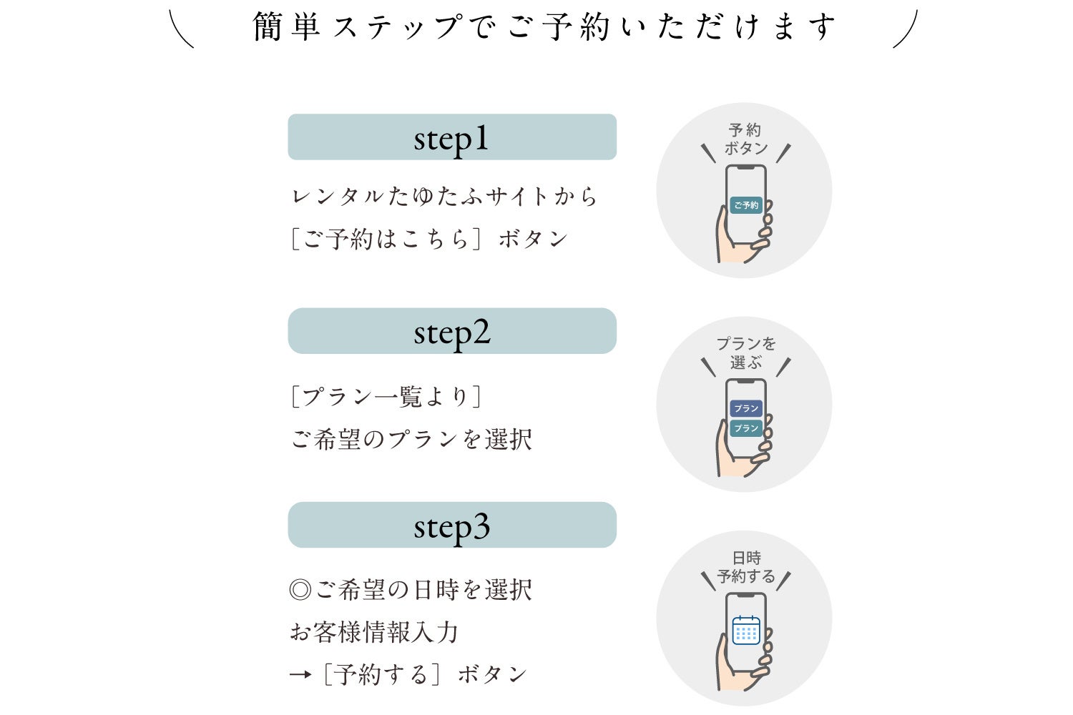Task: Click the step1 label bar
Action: (x=452, y=137)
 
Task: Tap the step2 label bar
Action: (x=452, y=331)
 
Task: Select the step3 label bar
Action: (x=452, y=526)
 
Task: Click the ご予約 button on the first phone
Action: (x=746, y=205)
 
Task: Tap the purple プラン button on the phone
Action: (x=746, y=408)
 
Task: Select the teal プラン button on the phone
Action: (x=746, y=428)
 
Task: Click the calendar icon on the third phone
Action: (x=746, y=631)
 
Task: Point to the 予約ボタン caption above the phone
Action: (x=745, y=139)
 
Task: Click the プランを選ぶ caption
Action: (x=746, y=353)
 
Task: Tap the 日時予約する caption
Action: (x=746, y=567)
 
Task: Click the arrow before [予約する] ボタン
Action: (x=300, y=674)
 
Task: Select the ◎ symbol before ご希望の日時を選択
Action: (x=300, y=590)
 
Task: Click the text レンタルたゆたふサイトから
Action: (x=444, y=196)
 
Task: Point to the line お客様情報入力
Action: (x=373, y=632)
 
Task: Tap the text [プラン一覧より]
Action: (x=386, y=396)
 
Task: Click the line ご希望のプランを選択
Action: (x=411, y=439)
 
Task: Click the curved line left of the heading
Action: (x=182, y=29)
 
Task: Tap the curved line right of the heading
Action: (x=905, y=29)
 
